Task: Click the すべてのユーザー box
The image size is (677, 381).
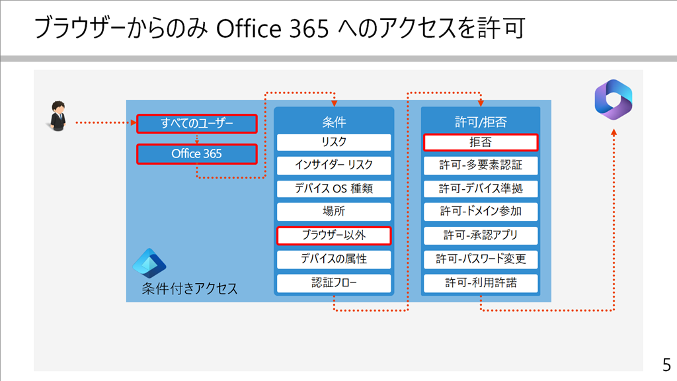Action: [x=197, y=124]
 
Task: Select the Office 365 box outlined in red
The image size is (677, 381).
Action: [x=197, y=153]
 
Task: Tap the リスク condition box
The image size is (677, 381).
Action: [x=334, y=142]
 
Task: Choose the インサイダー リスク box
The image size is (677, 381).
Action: [x=334, y=165]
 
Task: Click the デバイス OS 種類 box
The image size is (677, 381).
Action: [x=334, y=189]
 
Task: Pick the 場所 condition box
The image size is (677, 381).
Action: [x=334, y=212]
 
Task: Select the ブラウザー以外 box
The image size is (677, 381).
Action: [x=334, y=235]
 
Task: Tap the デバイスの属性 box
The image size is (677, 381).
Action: [x=334, y=259]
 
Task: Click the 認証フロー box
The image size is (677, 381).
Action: [x=334, y=283]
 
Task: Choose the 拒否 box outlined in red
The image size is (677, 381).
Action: [x=481, y=142]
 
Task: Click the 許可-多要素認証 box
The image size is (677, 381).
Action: [x=481, y=165]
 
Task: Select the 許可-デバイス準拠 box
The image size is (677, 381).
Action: [x=481, y=189]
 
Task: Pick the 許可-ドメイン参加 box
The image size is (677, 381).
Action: [x=481, y=212]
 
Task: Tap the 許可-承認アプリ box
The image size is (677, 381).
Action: [x=481, y=235]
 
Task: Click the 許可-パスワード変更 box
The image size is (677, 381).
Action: [x=481, y=259]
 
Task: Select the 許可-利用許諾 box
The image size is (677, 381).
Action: [x=481, y=283]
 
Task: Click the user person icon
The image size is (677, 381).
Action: [x=58, y=116]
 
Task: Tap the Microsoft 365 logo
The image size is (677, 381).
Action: [x=614, y=100]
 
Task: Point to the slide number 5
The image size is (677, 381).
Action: [x=666, y=365]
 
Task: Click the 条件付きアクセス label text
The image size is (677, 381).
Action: [x=190, y=288]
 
